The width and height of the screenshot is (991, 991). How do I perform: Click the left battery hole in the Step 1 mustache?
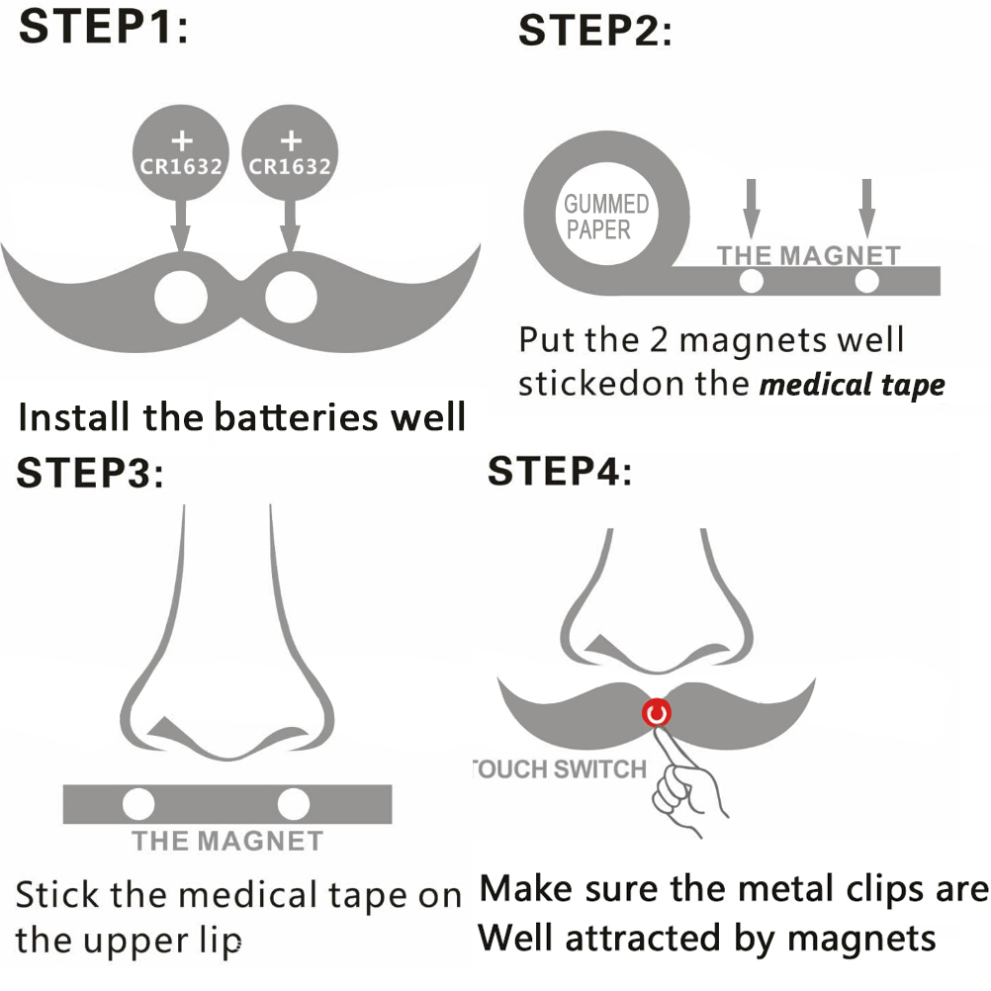[x=182, y=295]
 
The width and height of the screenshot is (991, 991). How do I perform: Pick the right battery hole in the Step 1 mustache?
[x=291, y=295]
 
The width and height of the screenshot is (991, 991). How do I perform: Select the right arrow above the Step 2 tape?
[x=867, y=206]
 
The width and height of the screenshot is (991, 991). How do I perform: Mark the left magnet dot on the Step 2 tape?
[x=752, y=283]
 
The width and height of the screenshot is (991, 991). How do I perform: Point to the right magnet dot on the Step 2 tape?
[x=867, y=283]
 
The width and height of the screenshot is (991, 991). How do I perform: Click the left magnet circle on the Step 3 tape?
[x=138, y=803]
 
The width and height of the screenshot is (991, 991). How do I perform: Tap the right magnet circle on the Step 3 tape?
[x=294, y=803]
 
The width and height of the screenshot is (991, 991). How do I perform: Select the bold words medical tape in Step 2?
[x=851, y=385]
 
